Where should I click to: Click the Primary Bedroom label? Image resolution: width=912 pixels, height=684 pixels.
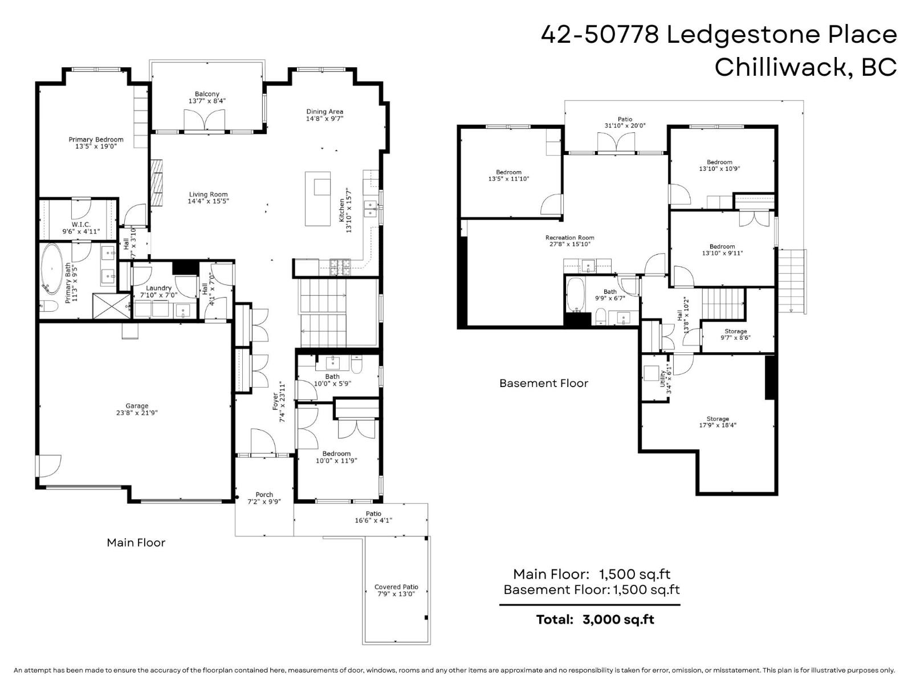(x=96, y=140)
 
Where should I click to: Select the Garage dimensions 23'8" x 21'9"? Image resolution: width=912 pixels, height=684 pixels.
(x=137, y=413)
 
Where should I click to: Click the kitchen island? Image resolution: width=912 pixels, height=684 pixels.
(x=317, y=198)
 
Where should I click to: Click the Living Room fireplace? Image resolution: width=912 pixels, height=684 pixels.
(x=157, y=182)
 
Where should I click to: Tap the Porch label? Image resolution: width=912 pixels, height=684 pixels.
(x=264, y=495)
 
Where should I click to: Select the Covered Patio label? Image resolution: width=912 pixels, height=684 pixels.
(x=396, y=587)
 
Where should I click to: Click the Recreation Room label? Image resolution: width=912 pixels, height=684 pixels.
(x=569, y=238)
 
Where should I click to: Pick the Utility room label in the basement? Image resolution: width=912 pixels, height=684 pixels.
(x=663, y=378)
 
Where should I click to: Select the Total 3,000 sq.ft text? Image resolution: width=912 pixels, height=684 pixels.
(x=595, y=620)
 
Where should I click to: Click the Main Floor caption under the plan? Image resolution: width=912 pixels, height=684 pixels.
(x=136, y=543)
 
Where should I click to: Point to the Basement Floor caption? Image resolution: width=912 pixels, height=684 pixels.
(x=543, y=383)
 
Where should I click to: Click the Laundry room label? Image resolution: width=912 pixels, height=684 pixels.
(x=158, y=288)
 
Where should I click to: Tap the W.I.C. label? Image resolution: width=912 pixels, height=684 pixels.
(x=81, y=225)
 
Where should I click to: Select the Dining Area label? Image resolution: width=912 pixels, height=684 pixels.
(x=324, y=112)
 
